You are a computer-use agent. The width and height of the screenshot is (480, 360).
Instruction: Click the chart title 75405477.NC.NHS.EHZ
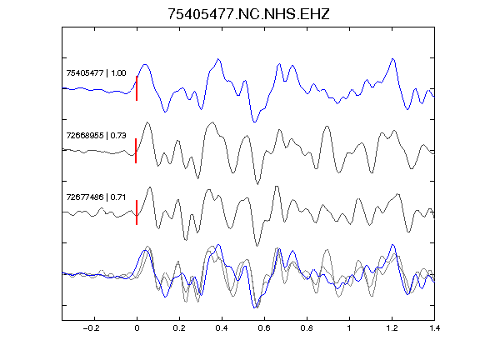coord(248,14)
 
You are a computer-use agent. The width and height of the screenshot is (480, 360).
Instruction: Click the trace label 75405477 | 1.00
coord(96,73)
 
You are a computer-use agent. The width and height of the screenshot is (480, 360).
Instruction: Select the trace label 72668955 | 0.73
coord(96,135)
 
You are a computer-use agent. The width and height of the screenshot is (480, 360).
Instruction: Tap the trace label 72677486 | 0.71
coord(96,197)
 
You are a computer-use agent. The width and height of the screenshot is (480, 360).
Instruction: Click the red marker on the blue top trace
coord(137,88)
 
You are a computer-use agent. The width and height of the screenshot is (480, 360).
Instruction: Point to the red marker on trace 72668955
coord(136,151)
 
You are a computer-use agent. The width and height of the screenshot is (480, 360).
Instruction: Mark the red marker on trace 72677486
coord(137,212)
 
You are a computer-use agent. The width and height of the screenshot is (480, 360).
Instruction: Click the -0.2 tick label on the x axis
coord(92,328)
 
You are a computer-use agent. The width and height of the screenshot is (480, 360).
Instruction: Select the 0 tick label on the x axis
coord(137,328)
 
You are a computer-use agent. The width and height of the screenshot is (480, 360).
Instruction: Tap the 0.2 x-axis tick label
coord(179,328)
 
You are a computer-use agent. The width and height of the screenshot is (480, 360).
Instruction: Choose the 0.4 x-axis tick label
coord(222,328)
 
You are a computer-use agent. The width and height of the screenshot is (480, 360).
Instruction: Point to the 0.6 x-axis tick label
coord(264,328)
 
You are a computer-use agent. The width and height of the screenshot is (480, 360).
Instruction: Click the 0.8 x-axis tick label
coord(307,328)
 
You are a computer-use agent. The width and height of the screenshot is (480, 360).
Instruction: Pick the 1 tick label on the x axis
coord(349,328)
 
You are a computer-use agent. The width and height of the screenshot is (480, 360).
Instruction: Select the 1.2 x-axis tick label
coord(392,328)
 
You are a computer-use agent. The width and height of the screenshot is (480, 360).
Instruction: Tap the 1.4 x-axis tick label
coord(434,328)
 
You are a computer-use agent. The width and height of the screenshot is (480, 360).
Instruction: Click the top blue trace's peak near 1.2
coord(392,58)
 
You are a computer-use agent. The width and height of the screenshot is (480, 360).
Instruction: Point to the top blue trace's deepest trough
coord(254,122)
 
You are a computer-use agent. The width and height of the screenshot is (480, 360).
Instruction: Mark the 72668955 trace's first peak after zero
coord(147,122)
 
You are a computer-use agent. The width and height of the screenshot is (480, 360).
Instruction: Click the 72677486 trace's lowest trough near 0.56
coord(257,246)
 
